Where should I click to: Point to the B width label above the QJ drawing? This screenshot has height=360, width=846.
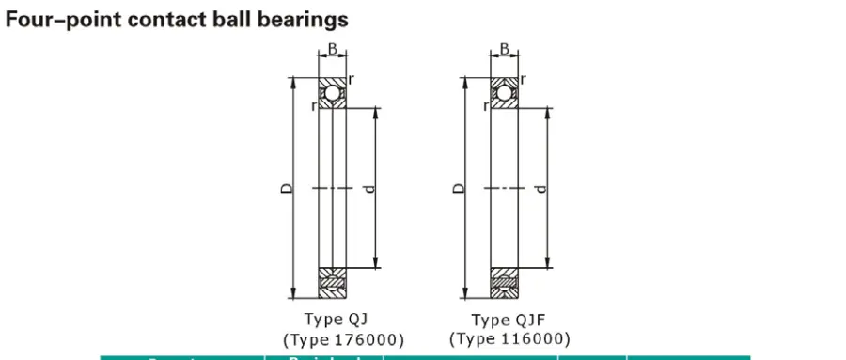(332, 48)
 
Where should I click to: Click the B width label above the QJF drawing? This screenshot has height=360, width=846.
(504, 48)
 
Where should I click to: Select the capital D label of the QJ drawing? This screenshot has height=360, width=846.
(288, 188)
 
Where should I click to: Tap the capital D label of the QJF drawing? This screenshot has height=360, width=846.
(458, 188)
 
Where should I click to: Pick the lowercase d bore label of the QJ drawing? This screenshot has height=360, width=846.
(368, 188)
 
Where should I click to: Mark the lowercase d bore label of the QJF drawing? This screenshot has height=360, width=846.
(540, 188)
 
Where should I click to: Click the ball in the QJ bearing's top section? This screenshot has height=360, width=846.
(332, 93)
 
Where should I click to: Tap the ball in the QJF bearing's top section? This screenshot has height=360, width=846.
(504, 93)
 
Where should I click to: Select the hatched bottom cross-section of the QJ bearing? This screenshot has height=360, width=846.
(332, 280)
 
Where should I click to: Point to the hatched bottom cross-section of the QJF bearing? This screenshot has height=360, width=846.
(504, 280)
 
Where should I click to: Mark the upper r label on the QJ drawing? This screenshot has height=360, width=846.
(351, 79)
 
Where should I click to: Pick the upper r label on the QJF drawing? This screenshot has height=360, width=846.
(522, 79)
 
